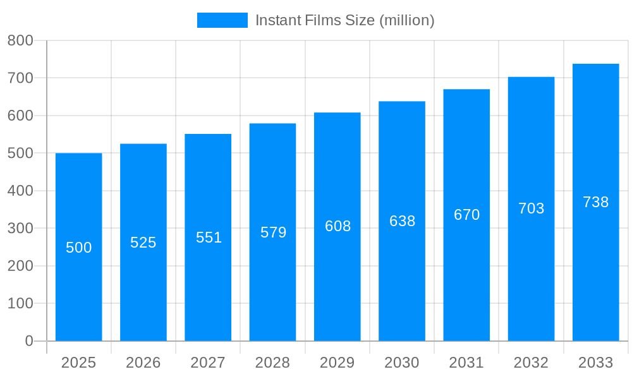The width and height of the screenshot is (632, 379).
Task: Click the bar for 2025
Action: pyautogui.click(x=79, y=284)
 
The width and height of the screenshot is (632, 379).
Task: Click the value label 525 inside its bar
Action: pyautogui.click(x=143, y=243)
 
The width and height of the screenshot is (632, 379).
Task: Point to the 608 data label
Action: pyautogui.click(x=337, y=226)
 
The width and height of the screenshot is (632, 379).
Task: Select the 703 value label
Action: pyautogui.click(x=531, y=208)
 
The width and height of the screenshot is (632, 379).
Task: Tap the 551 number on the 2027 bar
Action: pyautogui.click(x=209, y=238)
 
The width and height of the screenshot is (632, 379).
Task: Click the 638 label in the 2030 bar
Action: pyautogui.click(x=402, y=221)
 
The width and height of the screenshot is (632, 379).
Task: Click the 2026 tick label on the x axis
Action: pyautogui.click(x=143, y=363)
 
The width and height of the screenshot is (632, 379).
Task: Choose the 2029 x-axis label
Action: pyautogui.click(x=337, y=363)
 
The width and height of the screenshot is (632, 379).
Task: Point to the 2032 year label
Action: pyautogui.click(x=531, y=363)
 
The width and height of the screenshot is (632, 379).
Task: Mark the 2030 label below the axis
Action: pyautogui.click(x=402, y=363)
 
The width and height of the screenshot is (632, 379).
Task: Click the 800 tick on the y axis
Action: pyautogui.click(x=20, y=40)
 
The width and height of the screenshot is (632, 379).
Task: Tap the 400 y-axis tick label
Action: pyautogui.click(x=20, y=191)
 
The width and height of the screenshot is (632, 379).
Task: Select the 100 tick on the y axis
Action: pyautogui.click(x=20, y=303)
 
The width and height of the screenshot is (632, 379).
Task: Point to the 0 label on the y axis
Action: pyautogui.click(x=28, y=341)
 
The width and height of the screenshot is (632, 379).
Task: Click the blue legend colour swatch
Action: pyautogui.click(x=222, y=20)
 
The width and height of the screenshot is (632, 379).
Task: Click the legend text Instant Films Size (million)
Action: pyautogui.click(x=344, y=20)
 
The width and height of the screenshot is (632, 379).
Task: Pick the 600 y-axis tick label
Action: pyautogui.click(x=20, y=116)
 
